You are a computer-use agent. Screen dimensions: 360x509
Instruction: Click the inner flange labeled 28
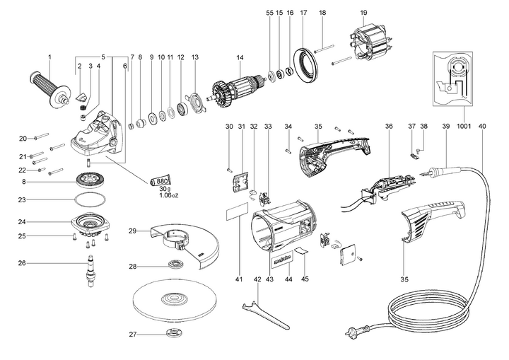[173, 266]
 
